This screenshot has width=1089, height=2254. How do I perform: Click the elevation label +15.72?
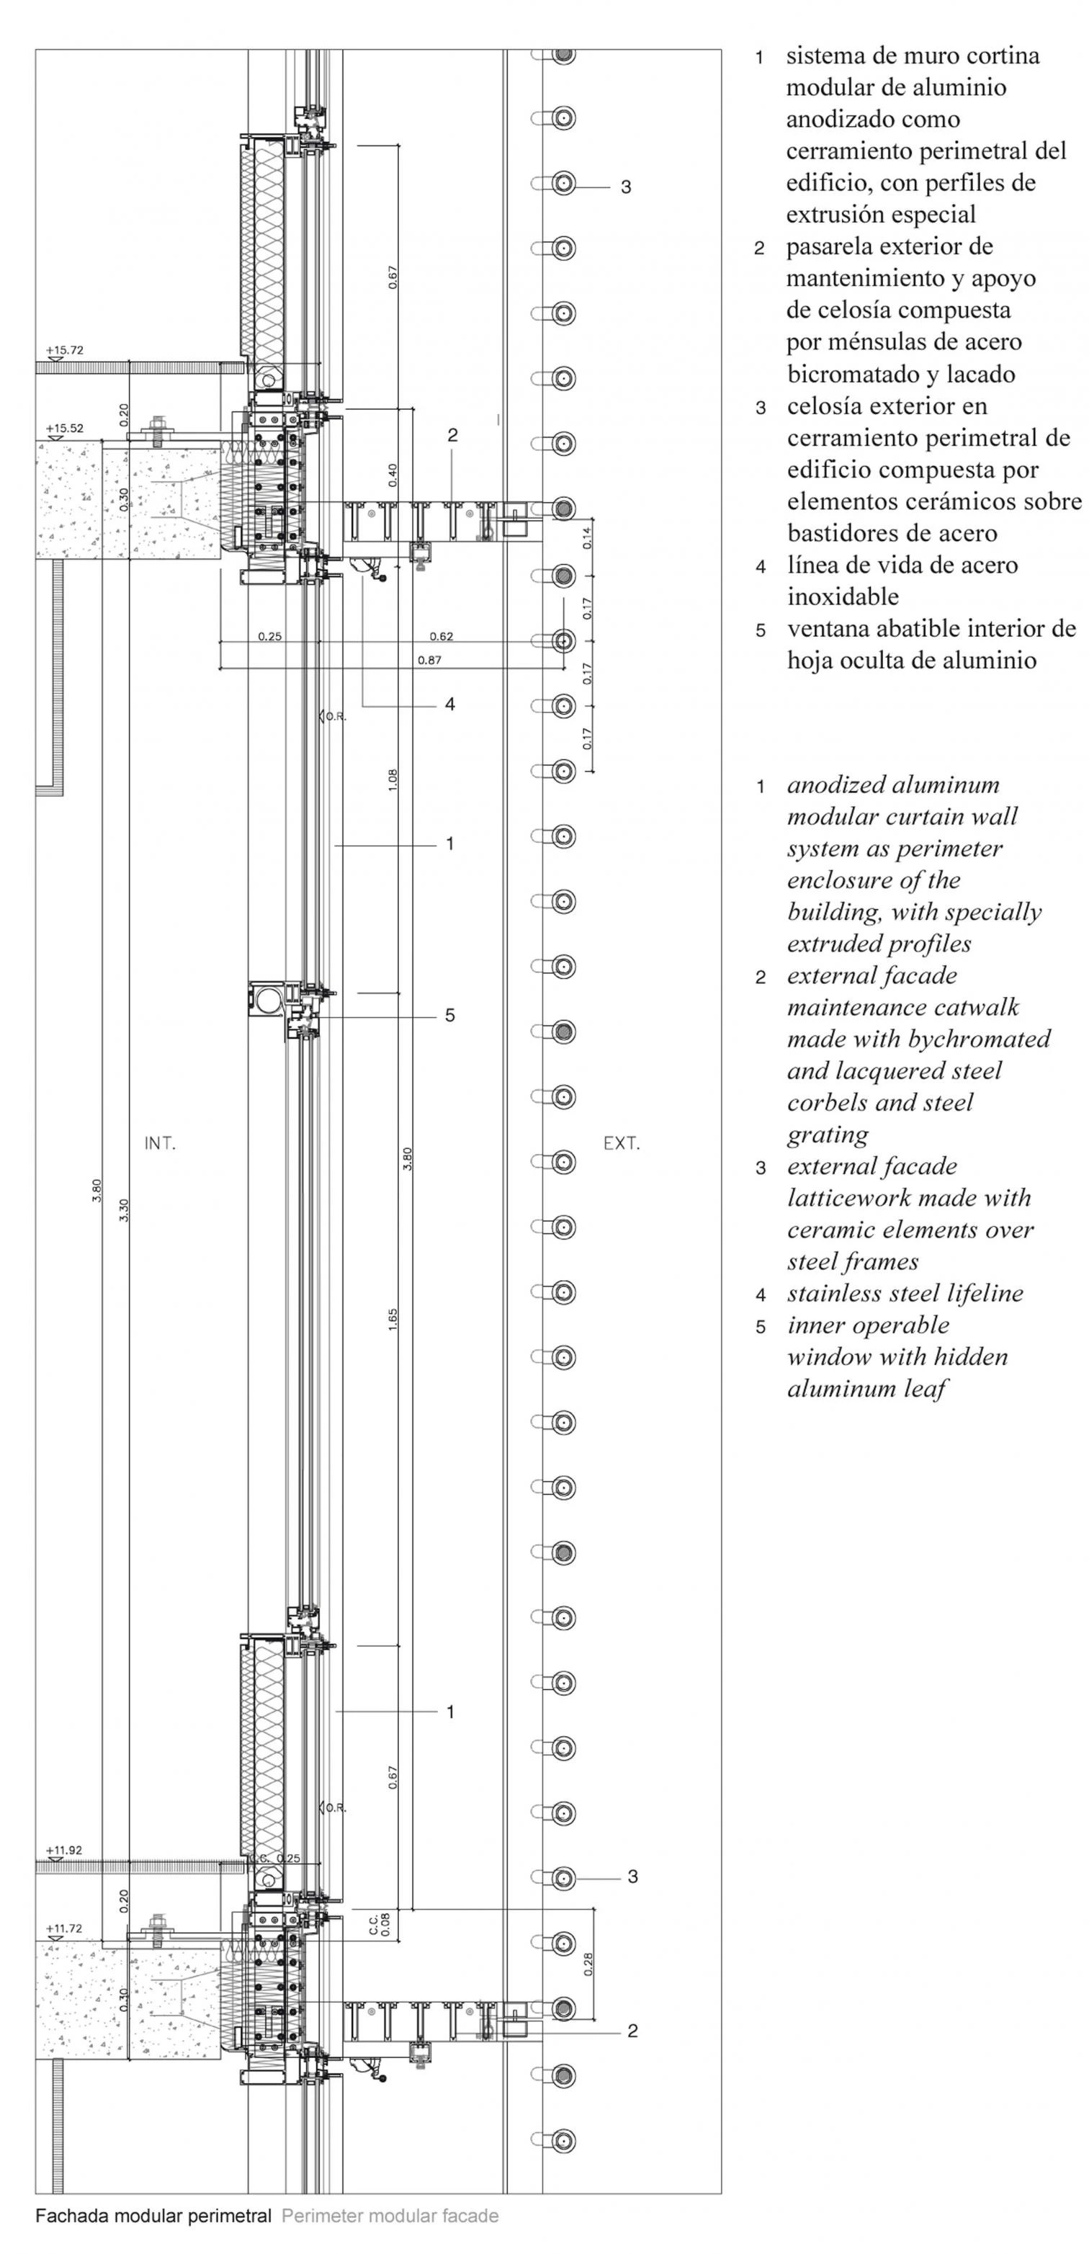65,350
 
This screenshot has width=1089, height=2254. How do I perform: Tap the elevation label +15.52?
65,428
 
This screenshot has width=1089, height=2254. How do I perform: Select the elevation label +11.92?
65,1850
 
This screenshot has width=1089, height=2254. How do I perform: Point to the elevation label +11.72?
65,1928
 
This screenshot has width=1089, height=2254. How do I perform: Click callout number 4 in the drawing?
449,704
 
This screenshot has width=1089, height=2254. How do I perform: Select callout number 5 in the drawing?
449,1015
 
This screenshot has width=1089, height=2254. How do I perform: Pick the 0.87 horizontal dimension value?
429,660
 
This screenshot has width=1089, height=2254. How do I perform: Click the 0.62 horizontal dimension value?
442,636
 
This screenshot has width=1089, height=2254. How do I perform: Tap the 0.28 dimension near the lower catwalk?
588,1964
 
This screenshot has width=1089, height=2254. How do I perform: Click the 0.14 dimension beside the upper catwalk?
588,537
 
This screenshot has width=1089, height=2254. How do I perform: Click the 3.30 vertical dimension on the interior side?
123,1210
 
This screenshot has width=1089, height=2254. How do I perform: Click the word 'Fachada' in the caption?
66,2216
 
